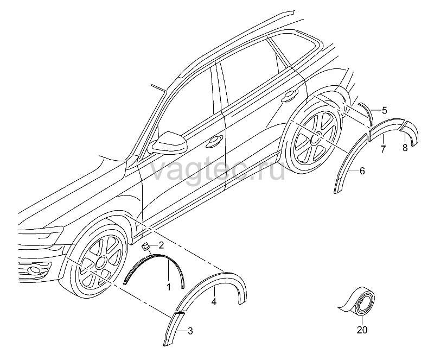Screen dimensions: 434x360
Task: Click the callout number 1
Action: coord(169,287)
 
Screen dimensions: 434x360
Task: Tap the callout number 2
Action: coord(161,245)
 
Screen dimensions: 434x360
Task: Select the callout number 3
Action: coord(190,331)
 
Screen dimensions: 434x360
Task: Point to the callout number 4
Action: coord(214,302)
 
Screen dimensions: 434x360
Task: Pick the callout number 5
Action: coord(385,110)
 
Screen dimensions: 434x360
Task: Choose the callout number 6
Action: coord(362,171)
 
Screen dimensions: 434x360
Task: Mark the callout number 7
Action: coord(383,149)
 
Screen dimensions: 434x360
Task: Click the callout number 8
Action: coord(405,148)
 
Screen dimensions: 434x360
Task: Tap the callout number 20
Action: coord(362,330)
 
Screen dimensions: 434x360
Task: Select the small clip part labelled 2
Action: coord(145,246)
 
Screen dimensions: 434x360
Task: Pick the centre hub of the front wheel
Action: coord(100,262)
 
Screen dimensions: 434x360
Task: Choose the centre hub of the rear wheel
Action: coord(316,137)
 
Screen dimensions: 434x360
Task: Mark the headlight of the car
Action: coord(41,233)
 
